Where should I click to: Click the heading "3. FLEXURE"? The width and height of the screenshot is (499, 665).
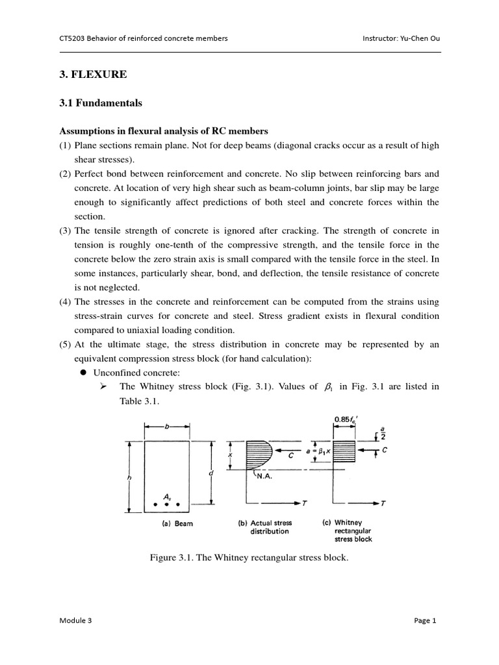pos(93,75)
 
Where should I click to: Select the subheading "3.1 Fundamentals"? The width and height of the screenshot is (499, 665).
pos(101,103)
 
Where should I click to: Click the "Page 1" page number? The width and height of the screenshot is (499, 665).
pos(425,620)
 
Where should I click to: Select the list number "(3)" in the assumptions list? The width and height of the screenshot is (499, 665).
pos(66,231)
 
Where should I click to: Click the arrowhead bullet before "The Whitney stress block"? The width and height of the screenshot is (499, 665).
pos(103,386)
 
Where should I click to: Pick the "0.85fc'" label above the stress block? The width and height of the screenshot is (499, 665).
pos(346,420)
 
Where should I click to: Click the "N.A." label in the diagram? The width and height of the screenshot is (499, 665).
pos(264,475)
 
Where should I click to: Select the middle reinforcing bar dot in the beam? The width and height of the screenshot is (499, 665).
pos(167,504)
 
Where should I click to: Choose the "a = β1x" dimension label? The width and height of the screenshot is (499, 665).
pos(316,449)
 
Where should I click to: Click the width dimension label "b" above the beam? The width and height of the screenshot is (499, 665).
pos(167,427)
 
